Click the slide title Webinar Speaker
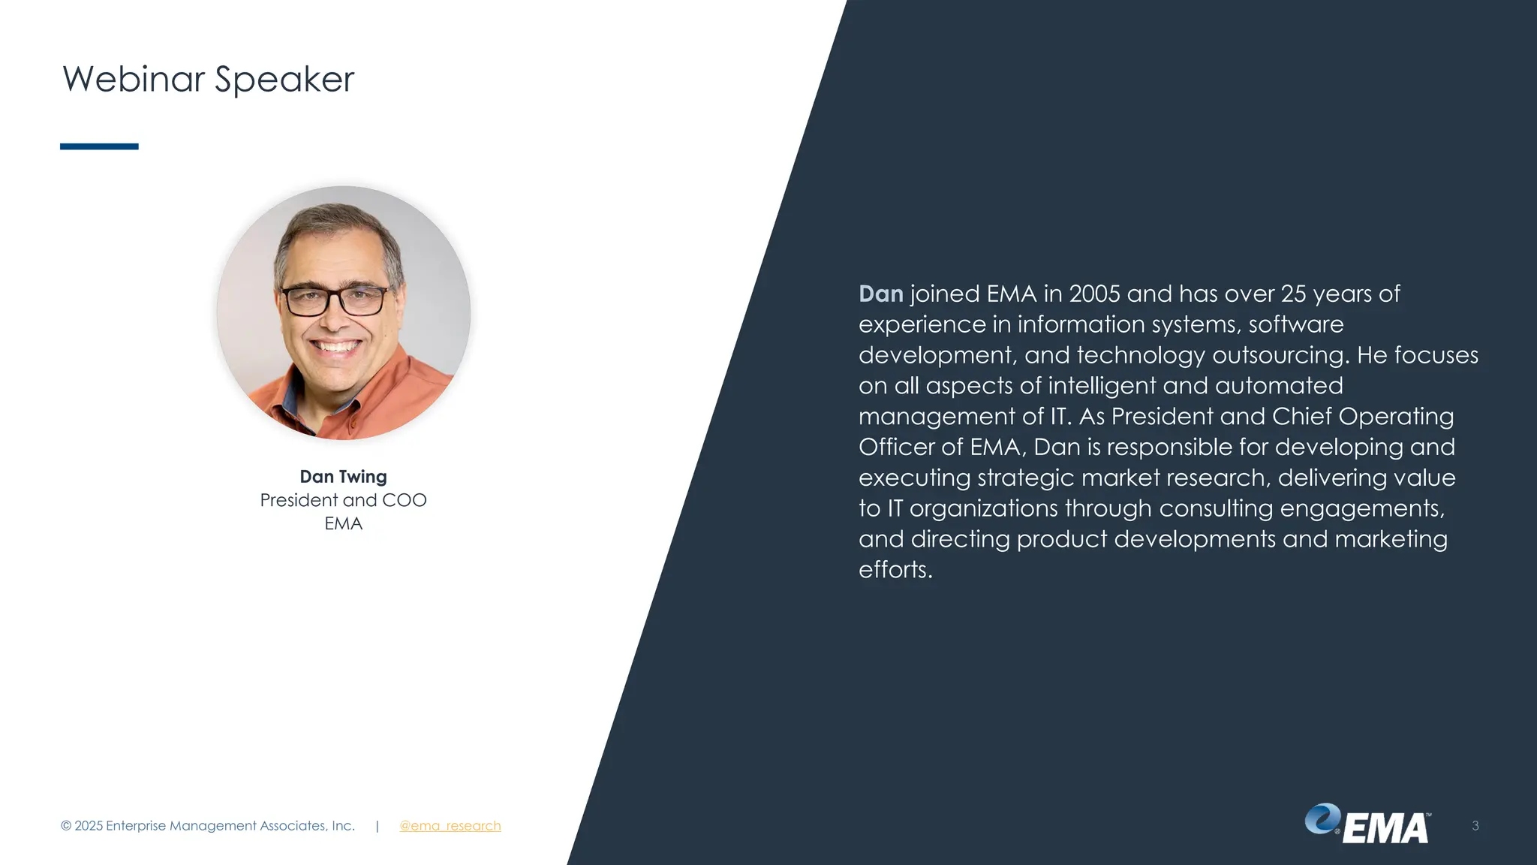(208, 80)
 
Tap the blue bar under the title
(99, 146)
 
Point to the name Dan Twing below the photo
(343, 477)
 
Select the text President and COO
(343, 500)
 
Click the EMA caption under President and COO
(343, 523)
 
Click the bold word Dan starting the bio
(880, 294)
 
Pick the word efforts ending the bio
(895, 570)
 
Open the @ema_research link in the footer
(450, 826)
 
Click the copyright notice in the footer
(207, 826)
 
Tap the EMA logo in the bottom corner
(1367, 824)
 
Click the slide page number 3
(1475, 826)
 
